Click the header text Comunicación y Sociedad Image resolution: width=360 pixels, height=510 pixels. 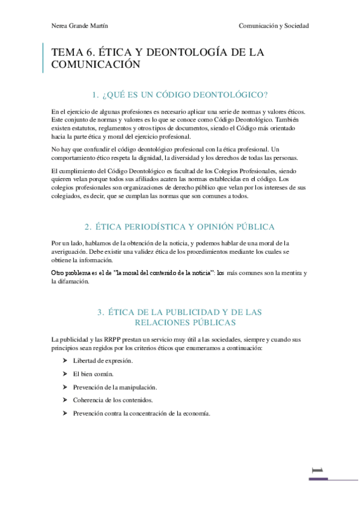tap(273, 26)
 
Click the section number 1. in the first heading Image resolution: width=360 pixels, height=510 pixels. tap(95, 94)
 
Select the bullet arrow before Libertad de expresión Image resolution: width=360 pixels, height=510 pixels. tap(64, 360)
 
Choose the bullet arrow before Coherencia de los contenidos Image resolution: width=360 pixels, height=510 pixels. tap(64, 400)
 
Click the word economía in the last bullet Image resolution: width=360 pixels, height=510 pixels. tap(195, 413)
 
